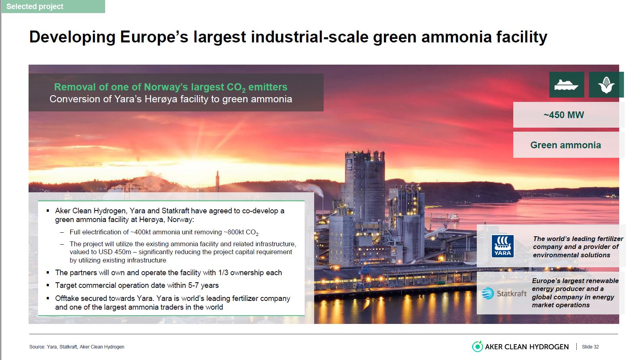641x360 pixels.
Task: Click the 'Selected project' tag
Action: (x=53, y=6)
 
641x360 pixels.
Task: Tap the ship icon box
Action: (x=566, y=84)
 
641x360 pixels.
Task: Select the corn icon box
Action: (x=606, y=84)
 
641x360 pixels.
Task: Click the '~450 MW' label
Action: (x=563, y=115)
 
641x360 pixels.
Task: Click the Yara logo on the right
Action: (x=503, y=246)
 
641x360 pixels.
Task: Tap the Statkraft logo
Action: (x=504, y=293)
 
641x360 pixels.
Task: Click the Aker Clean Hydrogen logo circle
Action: (x=477, y=347)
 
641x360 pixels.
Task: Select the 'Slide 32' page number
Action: (x=590, y=347)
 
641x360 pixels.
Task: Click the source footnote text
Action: (x=77, y=347)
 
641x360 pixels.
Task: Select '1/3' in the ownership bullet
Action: (x=223, y=272)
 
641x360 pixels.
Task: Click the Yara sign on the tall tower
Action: (x=349, y=165)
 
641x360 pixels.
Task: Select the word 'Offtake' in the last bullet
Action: (x=66, y=299)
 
